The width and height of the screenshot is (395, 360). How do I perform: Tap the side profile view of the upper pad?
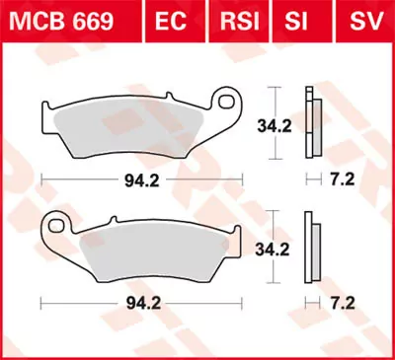tap(312, 123)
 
